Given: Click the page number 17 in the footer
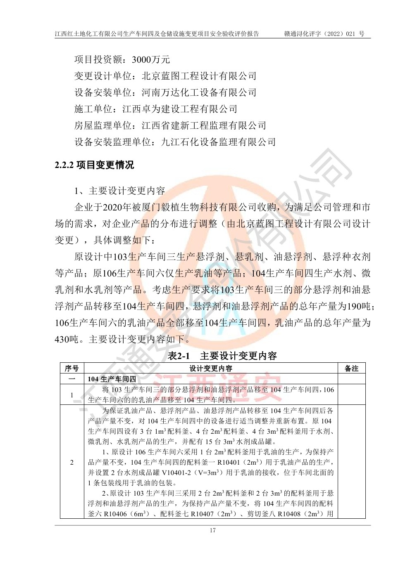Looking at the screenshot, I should pyautogui.click(x=212, y=530).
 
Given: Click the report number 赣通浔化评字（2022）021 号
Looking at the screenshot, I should pyautogui.click(x=324, y=34).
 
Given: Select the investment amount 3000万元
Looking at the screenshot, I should pyautogui.click(x=151, y=59).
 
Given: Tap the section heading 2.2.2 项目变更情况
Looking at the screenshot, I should pyautogui.click(x=94, y=165).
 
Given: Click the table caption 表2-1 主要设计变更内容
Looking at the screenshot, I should pyautogui.click(x=222, y=355).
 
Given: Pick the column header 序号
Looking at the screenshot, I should pyautogui.click(x=72, y=368).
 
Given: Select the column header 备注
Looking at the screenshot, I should pyautogui.click(x=351, y=368).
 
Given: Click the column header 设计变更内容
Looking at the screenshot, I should pyautogui.click(x=211, y=368).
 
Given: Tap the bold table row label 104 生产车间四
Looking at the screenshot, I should pyautogui.click(x=112, y=379).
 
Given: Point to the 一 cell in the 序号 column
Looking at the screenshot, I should pyautogui.click(x=72, y=379).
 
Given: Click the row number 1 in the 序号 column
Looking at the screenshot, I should pyautogui.click(x=72, y=395).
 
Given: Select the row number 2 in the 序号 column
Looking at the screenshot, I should pyautogui.click(x=72, y=462).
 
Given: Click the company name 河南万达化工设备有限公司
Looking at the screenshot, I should pyautogui.click(x=199, y=92).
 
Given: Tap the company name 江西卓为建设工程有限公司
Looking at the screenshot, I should pyautogui.click(x=180, y=109).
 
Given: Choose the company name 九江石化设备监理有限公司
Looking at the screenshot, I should pyautogui.click(x=218, y=142).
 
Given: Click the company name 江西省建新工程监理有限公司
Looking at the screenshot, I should pyautogui.click(x=204, y=125).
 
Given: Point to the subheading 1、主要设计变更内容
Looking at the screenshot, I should pyautogui.click(x=120, y=191).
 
